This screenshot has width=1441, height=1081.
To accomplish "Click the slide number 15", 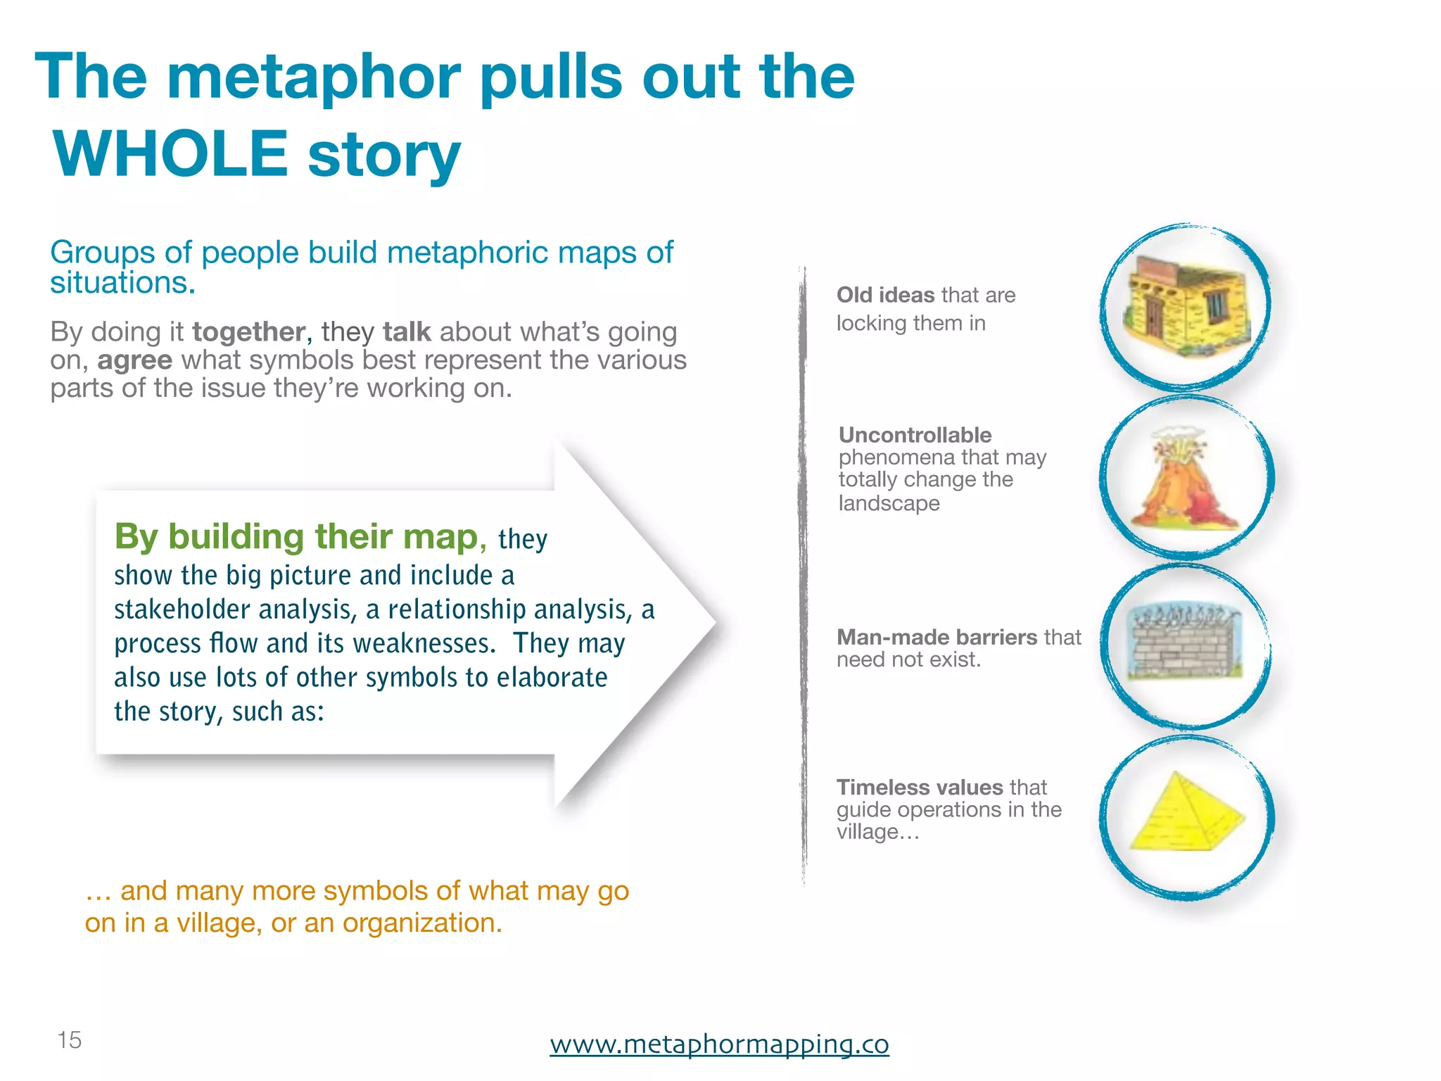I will tap(69, 1039).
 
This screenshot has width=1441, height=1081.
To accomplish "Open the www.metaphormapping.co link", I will tap(719, 1043).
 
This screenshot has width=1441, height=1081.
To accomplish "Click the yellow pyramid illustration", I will tap(1187, 814).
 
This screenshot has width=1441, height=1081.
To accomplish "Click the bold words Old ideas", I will tap(885, 295).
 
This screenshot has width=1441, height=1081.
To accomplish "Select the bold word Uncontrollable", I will tap(915, 435).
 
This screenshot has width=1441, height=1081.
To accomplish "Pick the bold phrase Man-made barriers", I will tap(937, 637).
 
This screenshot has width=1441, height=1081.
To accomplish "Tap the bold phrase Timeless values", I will tap(919, 787).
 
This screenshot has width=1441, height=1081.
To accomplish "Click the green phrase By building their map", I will tap(296, 536).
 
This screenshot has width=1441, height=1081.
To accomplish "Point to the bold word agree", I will tap(134, 360).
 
